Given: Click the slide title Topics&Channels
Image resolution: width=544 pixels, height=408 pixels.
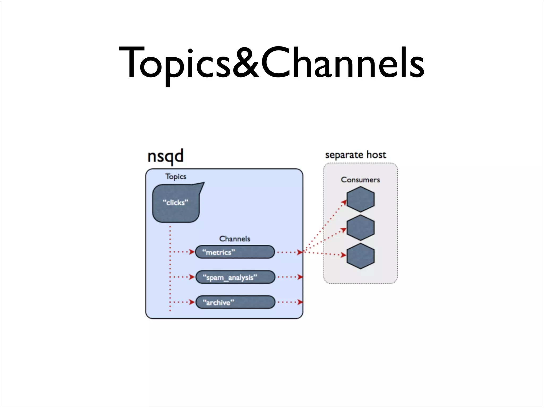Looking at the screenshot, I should pos(271,63).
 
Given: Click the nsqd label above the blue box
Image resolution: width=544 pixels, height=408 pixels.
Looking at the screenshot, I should pos(165,156).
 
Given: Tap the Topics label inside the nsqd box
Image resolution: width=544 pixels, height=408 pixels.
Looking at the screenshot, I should pos(176,177).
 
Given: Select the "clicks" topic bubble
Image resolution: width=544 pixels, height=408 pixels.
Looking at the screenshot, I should pos(176,203).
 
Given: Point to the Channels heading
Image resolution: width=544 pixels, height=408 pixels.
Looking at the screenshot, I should pos(235,239).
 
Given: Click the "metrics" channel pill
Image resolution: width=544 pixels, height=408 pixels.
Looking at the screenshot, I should pos(235,252).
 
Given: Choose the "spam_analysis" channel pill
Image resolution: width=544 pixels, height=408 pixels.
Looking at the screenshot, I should pos(235,277).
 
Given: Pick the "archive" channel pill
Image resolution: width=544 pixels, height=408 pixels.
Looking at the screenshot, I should pos(235,302).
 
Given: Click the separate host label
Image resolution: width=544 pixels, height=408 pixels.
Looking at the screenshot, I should pos(355,155).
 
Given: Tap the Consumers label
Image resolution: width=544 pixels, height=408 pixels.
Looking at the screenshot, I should pos(360,180).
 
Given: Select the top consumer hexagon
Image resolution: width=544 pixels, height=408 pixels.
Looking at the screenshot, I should pos(360,199).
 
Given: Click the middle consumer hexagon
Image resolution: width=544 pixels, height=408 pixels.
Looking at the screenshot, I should pos(360,228).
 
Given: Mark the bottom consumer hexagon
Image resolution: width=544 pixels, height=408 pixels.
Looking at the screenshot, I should pos(360,256).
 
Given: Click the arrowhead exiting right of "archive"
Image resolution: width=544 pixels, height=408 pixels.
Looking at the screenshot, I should pos(300,302).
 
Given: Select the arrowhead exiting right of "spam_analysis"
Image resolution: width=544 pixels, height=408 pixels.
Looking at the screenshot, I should pos(300,277).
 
